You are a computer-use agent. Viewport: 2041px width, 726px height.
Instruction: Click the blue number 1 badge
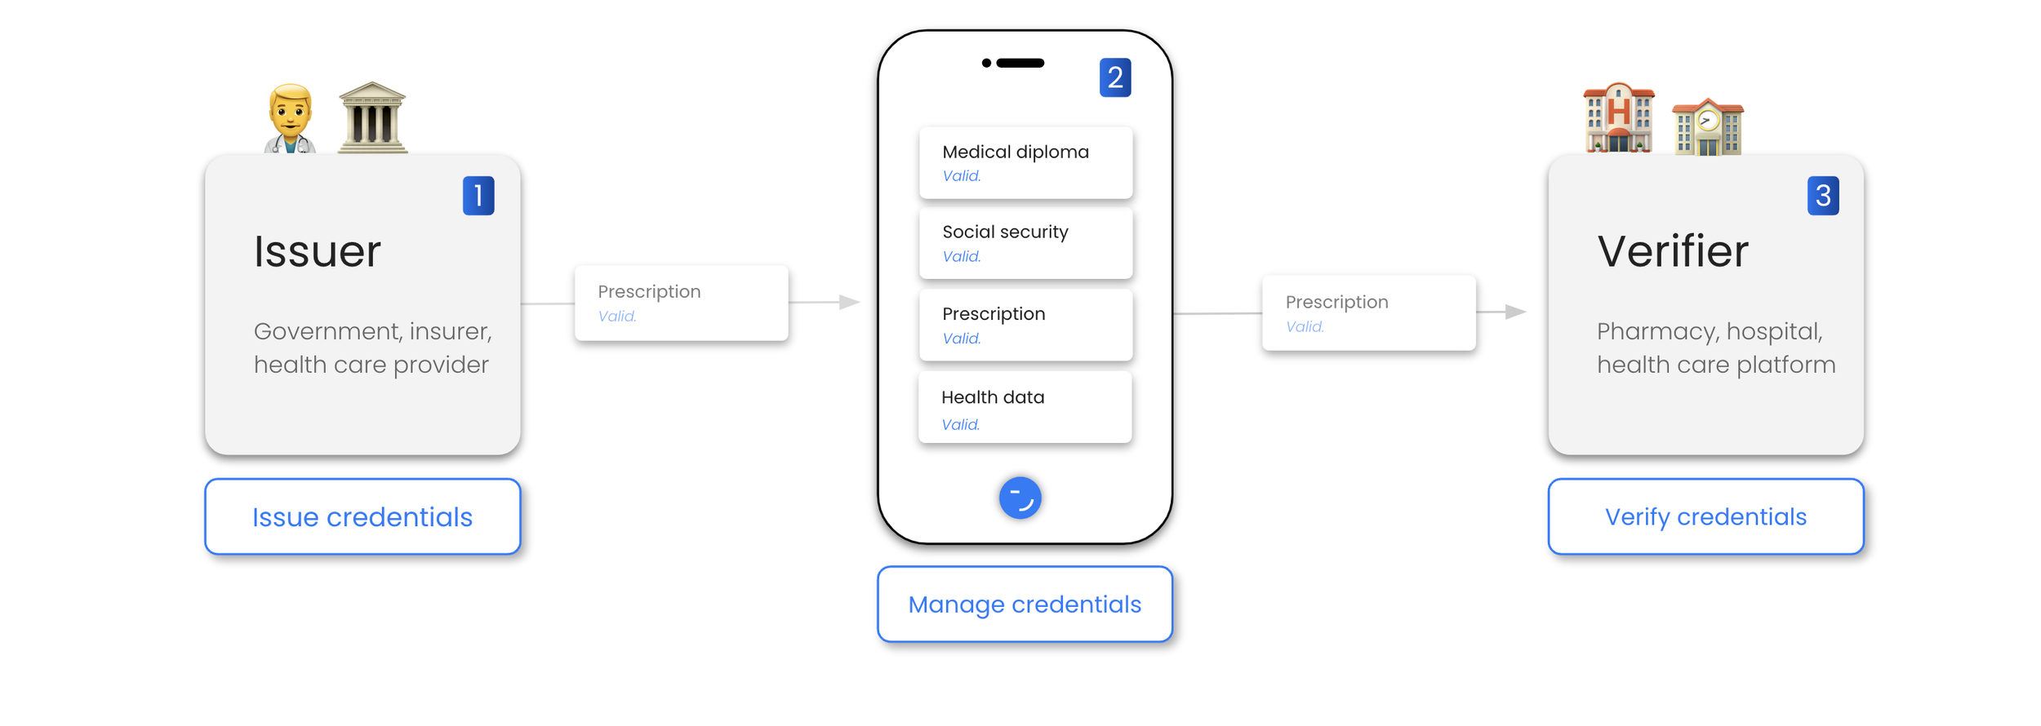click(x=478, y=196)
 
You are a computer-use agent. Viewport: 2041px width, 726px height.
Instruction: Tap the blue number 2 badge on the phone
click(x=1114, y=77)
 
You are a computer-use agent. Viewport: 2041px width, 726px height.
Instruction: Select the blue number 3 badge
click(x=1822, y=196)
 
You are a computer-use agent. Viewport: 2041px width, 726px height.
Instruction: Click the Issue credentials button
click(x=362, y=516)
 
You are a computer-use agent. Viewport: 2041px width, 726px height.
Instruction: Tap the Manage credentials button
click(x=1025, y=604)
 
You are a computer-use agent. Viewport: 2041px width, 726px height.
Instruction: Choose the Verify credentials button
click(x=1705, y=516)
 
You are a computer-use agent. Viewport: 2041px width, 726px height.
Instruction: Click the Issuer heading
click(x=318, y=251)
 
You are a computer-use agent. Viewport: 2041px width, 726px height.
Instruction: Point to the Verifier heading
click(x=1673, y=251)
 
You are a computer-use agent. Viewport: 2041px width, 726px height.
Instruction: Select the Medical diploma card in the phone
click(x=1025, y=162)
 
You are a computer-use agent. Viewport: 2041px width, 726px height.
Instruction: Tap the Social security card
click(x=1025, y=243)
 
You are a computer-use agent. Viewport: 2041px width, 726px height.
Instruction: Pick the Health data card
click(x=1025, y=408)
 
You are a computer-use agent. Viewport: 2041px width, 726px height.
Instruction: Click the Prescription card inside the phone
click(x=1025, y=325)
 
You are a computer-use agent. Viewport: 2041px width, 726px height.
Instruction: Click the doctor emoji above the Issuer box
click(x=290, y=119)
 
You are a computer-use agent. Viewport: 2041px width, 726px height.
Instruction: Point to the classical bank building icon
click(x=372, y=117)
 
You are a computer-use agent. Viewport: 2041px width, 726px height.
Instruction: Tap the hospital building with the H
click(x=1618, y=118)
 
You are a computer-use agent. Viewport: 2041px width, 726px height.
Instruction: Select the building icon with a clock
click(x=1707, y=127)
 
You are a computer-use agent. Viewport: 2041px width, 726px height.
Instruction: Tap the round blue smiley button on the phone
click(x=1020, y=498)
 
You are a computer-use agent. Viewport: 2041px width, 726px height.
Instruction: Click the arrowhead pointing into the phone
click(x=850, y=302)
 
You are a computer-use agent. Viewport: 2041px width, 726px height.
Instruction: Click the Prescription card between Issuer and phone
click(x=681, y=303)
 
